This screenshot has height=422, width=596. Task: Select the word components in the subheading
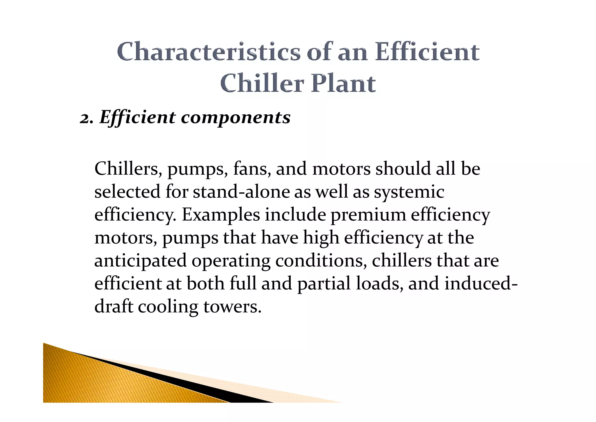coord(236,118)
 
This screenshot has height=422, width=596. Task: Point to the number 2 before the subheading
coord(85,118)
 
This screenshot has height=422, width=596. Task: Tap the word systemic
coord(409,193)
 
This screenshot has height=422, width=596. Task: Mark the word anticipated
coord(141,261)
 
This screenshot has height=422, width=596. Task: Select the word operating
coord(231,261)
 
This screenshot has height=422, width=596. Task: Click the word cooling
coord(168,307)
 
